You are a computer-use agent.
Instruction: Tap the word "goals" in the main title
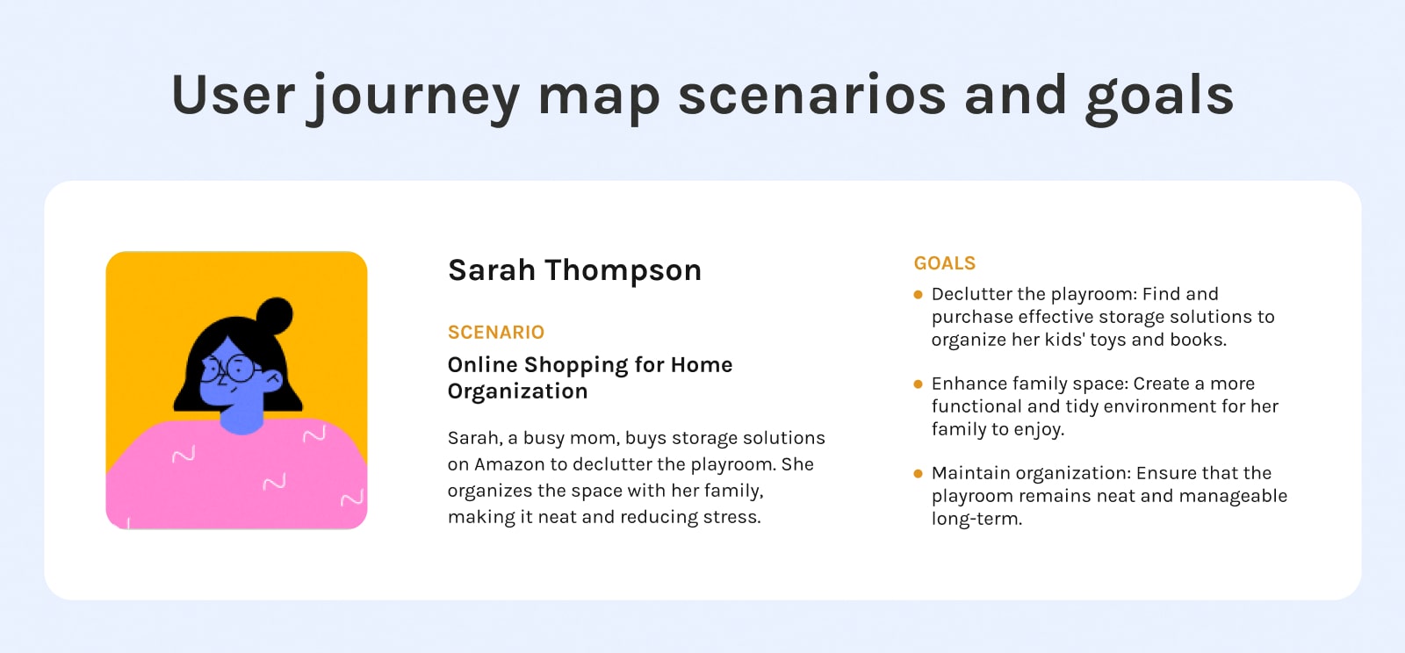[x=1160, y=98]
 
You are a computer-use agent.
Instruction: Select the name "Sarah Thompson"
[x=574, y=270]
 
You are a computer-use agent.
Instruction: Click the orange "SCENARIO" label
[x=496, y=332]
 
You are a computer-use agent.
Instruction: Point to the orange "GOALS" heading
[x=945, y=263]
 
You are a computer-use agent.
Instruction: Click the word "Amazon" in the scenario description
[x=509, y=464]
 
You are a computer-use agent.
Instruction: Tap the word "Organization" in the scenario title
[x=517, y=391]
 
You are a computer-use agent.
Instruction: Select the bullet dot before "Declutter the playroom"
[x=919, y=295]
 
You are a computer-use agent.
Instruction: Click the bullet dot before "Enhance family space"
[x=919, y=384]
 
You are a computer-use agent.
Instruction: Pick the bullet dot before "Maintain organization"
[x=919, y=474]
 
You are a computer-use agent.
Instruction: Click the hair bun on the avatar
[x=275, y=315]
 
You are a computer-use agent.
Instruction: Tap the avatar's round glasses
[x=230, y=369]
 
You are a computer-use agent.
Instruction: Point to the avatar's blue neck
[x=241, y=419]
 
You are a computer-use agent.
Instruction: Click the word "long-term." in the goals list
[x=976, y=519]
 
